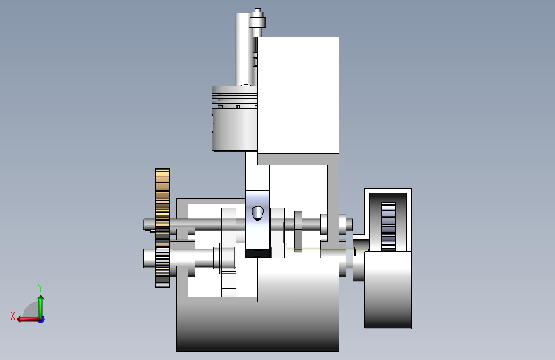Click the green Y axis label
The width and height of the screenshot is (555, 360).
pyautogui.click(x=40, y=288)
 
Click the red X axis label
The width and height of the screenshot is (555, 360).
pyautogui.click(x=13, y=316)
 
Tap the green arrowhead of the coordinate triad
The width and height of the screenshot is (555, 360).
pyautogui.click(x=41, y=299)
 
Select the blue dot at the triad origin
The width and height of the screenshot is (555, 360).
pyautogui.click(x=42, y=320)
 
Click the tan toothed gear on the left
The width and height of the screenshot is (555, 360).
pyautogui.click(x=162, y=228)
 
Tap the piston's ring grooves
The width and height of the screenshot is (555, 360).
pyautogui.click(x=235, y=97)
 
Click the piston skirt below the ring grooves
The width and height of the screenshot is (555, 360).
pyautogui.click(x=235, y=129)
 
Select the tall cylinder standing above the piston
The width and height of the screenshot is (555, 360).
pyautogui.click(x=245, y=49)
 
